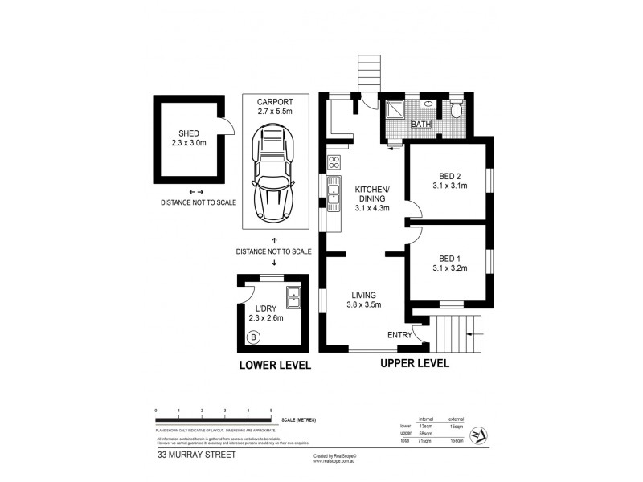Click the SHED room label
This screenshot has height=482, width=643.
click(189, 133)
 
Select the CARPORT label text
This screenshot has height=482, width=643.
click(274, 102)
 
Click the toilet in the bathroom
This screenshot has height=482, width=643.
click(456, 110)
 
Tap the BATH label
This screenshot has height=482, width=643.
click(420, 125)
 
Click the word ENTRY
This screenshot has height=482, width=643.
click(399, 335)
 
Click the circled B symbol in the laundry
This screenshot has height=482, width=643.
click(254, 337)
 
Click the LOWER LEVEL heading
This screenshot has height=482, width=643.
click(273, 366)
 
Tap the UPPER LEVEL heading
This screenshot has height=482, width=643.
click(414, 363)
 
